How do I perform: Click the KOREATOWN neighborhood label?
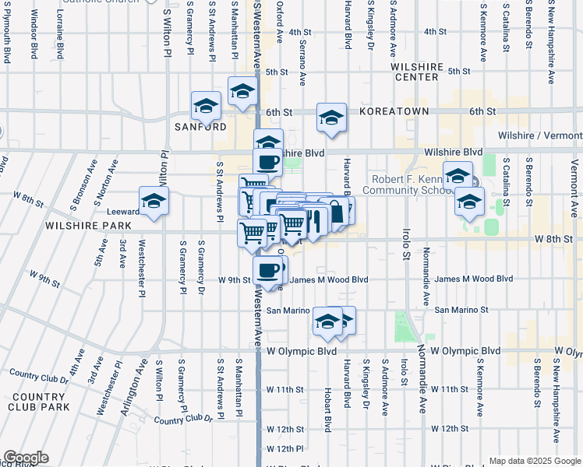point(394,111)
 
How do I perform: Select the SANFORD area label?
point(200,126)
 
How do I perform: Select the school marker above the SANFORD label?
point(207,105)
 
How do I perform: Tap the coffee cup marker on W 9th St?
point(268,270)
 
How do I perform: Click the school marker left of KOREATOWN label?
point(331,118)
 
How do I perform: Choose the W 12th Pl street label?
point(284,449)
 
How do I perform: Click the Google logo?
point(26,458)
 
